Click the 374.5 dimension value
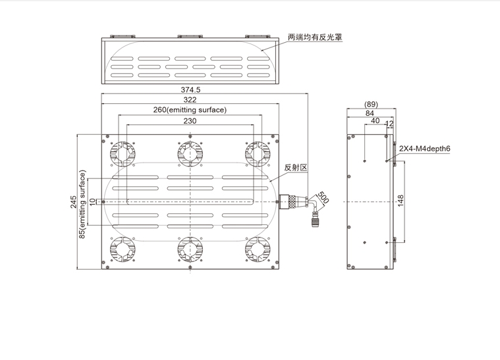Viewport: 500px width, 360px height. pos(190,90)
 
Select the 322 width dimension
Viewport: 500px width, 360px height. pos(190,99)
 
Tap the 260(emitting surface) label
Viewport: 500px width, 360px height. pos(190,109)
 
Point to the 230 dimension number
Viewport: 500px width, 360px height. pos(190,120)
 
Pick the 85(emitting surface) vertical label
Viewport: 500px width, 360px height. pos(83,205)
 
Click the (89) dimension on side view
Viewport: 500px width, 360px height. pos(371,104)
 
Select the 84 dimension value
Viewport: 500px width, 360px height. pos(370,113)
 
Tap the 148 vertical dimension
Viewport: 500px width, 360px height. pos(401,201)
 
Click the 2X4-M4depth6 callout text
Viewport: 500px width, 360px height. pos(424,149)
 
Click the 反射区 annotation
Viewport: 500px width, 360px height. pos(296,168)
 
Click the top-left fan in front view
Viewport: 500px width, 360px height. pos(123,154)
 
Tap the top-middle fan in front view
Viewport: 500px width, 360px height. pos(190,154)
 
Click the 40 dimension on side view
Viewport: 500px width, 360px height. pos(375,121)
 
